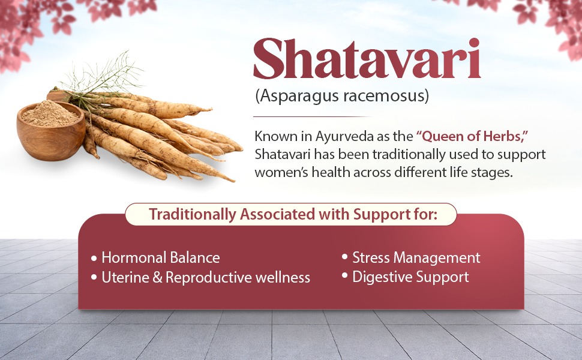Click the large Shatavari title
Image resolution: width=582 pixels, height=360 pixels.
[x=367, y=60]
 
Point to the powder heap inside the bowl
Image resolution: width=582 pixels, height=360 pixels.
[x=50, y=114]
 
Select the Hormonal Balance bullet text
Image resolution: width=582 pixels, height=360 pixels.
[x=160, y=258]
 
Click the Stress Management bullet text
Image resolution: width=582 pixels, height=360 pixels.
[x=416, y=258]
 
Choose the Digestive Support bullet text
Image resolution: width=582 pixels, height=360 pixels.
[x=410, y=277]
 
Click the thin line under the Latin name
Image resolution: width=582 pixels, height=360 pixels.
[x=312, y=116]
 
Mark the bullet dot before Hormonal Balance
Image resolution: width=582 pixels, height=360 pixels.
[x=94, y=259]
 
